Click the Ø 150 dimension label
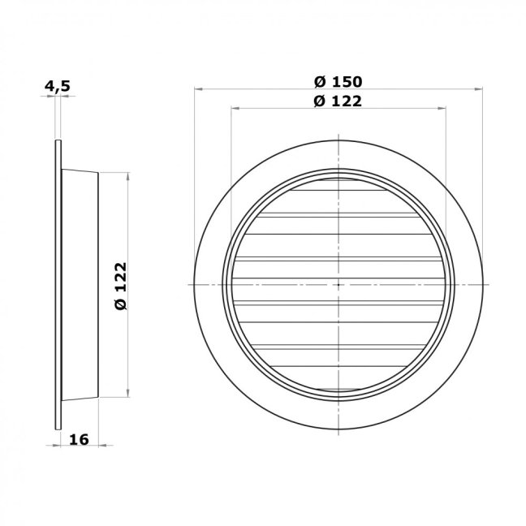(338, 82)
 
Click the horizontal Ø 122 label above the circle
(338, 101)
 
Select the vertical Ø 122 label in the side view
(121, 287)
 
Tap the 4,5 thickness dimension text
(58, 86)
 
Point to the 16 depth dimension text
(79, 439)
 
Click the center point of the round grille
(338, 285)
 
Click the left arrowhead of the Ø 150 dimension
(198, 89)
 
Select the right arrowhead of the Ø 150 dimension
(479, 89)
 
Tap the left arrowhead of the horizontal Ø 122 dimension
(235, 108)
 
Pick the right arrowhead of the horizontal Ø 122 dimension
(442, 108)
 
